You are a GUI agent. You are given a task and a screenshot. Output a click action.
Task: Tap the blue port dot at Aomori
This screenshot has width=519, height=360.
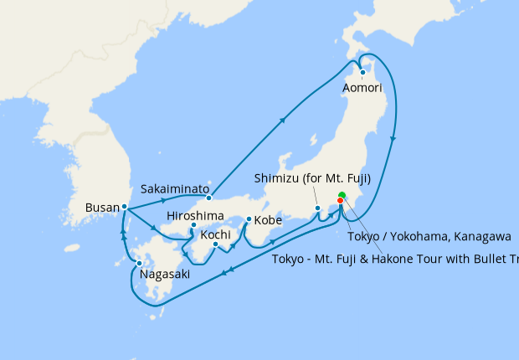(x=362, y=72)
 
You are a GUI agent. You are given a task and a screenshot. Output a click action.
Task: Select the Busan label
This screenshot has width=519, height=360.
(x=102, y=206)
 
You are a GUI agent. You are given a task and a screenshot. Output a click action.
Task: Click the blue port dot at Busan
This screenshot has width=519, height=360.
(x=124, y=206)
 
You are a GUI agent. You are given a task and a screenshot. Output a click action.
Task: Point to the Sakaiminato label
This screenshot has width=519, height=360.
(x=174, y=188)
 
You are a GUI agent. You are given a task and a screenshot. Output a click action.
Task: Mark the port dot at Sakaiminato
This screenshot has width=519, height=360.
(x=209, y=198)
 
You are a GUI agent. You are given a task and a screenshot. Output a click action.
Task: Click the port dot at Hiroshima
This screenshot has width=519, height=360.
(x=193, y=225)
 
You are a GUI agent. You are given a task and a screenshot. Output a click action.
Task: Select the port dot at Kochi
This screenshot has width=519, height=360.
(x=215, y=244)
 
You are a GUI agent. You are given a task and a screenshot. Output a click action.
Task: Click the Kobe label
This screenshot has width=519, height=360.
(x=268, y=220)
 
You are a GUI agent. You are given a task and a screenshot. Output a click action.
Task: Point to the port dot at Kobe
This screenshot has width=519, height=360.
(x=249, y=220)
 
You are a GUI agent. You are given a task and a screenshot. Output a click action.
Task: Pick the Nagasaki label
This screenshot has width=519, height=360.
(x=164, y=274)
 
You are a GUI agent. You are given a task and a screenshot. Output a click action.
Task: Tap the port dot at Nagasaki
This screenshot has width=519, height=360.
(x=139, y=264)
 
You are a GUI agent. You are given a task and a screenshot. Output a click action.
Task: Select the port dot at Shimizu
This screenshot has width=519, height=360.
(x=317, y=208)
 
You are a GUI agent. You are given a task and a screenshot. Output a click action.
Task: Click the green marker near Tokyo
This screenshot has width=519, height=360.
(x=342, y=196)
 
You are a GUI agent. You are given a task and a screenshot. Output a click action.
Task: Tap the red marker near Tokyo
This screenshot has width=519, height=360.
(x=340, y=201)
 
